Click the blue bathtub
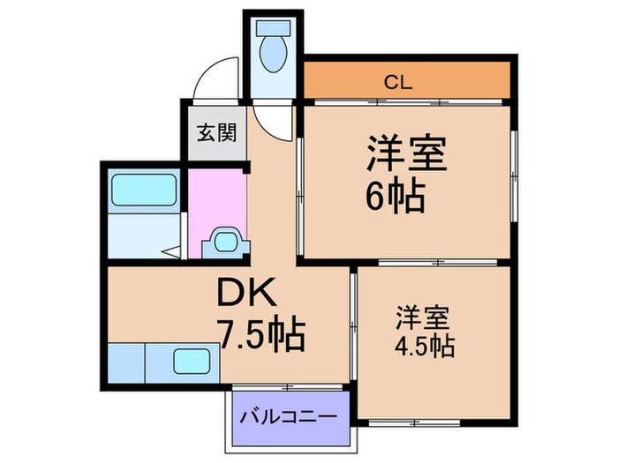144,189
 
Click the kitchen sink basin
191,362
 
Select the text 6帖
395,196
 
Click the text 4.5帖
425,345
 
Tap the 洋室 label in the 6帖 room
407,153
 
